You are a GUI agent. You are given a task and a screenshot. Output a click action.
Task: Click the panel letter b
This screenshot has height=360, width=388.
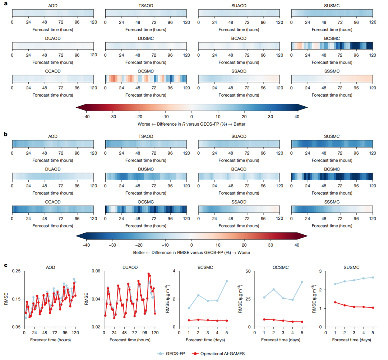tap(5, 134)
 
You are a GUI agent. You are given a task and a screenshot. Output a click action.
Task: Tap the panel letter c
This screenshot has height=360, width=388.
tap(5, 265)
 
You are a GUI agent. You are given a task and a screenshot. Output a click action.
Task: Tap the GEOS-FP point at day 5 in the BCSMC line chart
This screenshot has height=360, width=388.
tap(227, 281)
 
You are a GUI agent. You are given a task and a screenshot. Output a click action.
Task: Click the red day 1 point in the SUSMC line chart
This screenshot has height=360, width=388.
tap(335, 302)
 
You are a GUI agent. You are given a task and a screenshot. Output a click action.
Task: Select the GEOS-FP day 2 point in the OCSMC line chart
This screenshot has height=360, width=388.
tap(274, 289)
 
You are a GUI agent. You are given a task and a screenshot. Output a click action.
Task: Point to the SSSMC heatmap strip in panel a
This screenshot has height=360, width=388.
tap(332, 78)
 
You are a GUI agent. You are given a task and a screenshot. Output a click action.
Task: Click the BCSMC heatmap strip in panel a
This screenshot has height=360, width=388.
tap(332, 46)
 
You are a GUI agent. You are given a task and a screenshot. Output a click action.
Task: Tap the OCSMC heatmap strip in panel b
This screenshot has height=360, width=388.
tap(146, 209)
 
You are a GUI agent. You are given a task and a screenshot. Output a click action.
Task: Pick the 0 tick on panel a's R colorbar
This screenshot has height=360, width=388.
tap(191, 117)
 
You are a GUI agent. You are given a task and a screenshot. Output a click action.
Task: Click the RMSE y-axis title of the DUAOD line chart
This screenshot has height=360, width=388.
tap(87, 299)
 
